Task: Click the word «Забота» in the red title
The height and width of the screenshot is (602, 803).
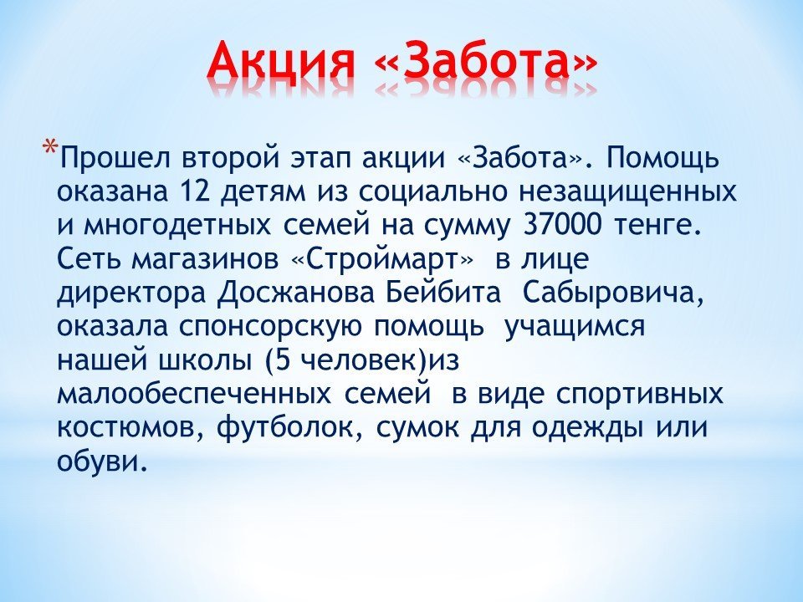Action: point(486,61)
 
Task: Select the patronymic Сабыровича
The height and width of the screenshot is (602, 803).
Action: point(613,293)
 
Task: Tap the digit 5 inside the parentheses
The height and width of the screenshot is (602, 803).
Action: point(284,361)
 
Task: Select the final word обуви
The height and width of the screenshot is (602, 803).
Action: point(98,462)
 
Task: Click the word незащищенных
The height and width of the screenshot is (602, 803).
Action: point(627,193)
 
